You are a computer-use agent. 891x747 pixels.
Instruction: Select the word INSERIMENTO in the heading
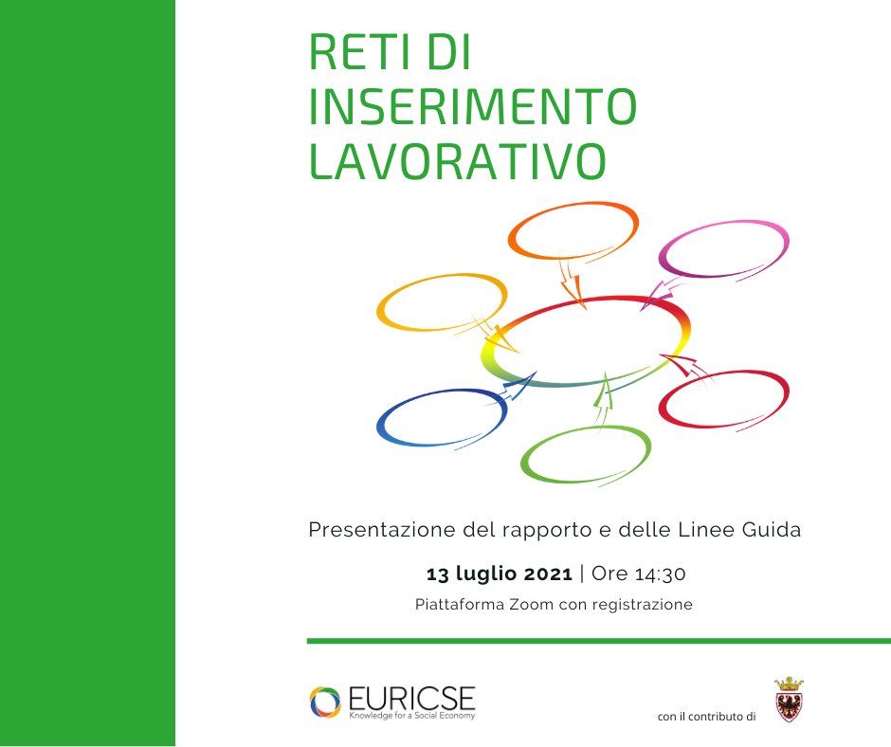pyautogui.click(x=473, y=109)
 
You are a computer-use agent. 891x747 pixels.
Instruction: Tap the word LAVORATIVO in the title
pyautogui.click(x=458, y=161)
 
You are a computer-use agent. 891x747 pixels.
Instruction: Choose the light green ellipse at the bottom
pyautogui.click(x=586, y=458)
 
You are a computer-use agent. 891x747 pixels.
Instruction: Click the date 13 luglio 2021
pyautogui.click(x=500, y=574)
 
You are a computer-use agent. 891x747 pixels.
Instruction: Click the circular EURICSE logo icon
pyautogui.click(x=325, y=702)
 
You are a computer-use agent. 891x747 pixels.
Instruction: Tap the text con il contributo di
pyautogui.click(x=705, y=717)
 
